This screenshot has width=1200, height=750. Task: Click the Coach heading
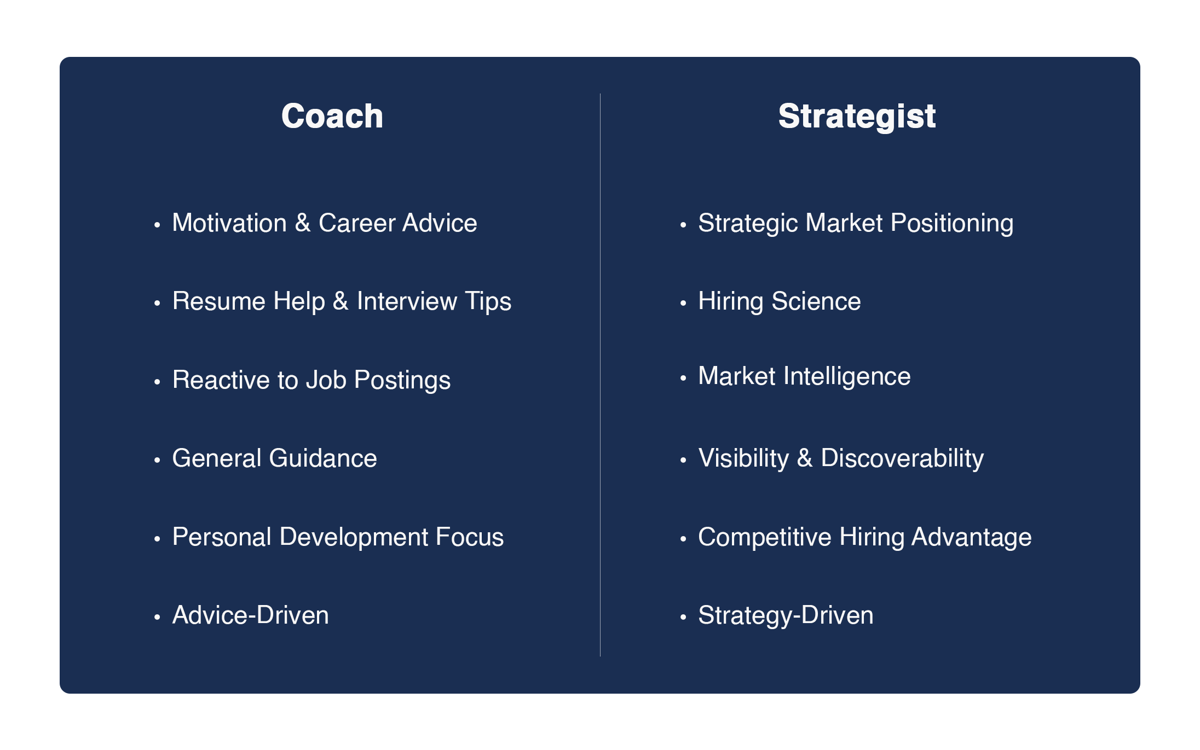pyautogui.click(x=332, y=116)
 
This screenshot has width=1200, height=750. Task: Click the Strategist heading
pyautogui.click(x=857, y=117)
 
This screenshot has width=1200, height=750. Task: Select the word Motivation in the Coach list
pyautogui.click(x=230, y=223)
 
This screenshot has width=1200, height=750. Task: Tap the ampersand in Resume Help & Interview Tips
pyautogui.click(x=341, y=301)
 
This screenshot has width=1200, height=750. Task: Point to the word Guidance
pyautogui.click(x=323, y=458)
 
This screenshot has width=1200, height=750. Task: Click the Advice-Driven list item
pyautogui.click(x=251, y=615)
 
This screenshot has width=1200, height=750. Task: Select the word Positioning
pyautogui.click(x=952, y=224)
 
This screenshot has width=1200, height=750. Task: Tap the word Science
pyautogui.click(x=816, y=301)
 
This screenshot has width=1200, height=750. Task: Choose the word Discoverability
pyautogui.click(x=902, y=459)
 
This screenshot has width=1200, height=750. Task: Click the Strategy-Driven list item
pyautogui.click(x=786, y=616)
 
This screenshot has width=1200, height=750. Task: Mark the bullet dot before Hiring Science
pyautogui.click(x=683, y=303)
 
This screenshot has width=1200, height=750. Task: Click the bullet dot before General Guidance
pyautogui.click(x=157, y=460)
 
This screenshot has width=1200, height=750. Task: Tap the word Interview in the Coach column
pyautogui.click(x=407, y=301)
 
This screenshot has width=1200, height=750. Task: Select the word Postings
pyautogui.click(x=402, y=381)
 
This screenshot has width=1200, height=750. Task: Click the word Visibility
pyautogui.click(x=743, y=459)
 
